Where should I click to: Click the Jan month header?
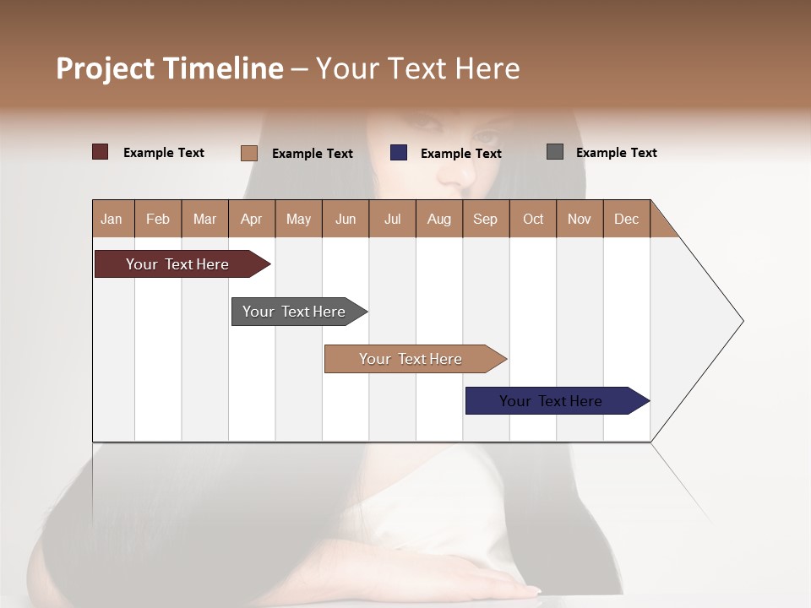(x=112, y=219)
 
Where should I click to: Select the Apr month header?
(x=252, y=219)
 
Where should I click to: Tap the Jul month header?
(x=392, y=219)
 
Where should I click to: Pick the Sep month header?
(x=485, y=219)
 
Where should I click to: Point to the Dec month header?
(x=626, y=219)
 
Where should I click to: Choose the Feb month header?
(x=158, y=219)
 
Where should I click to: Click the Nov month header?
(x=580, y=219)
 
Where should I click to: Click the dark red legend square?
(x=101, y=152)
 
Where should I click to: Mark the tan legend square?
(x=249, y=153)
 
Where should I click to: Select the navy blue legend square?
(x=399, y=153)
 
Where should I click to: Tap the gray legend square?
(x=555, y=152)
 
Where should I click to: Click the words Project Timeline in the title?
(x=169, y=68)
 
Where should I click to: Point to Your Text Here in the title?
(x=418, y=68)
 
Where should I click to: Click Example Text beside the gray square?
(x=616, y=153)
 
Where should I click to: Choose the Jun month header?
(x=346, y=219)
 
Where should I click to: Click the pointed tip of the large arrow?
(x=741, y=321)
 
